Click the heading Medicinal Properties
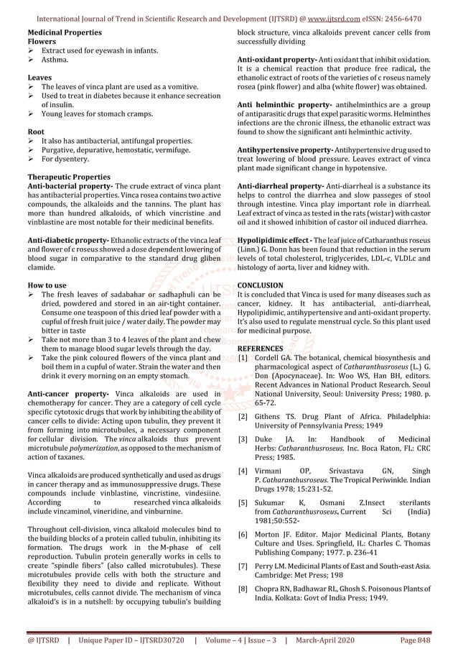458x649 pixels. [64, 33]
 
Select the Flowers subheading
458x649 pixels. [42, 42]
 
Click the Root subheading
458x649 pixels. [37, 132]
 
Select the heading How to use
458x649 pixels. [47, 285]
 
